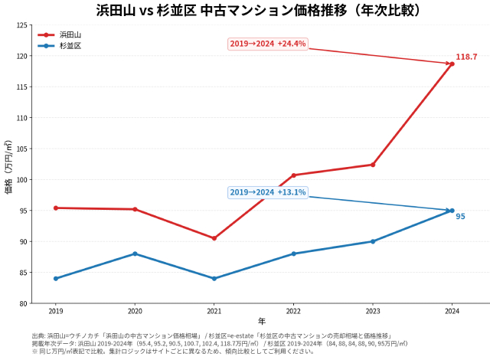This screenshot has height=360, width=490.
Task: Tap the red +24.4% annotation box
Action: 268,44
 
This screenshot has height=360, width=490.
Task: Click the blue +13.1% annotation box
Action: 268,192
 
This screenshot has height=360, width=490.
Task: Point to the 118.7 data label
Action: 466,57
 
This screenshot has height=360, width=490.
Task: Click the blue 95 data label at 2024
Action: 461,217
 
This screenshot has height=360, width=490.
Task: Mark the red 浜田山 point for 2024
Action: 452,64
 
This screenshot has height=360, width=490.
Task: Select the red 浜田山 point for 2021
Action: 214,238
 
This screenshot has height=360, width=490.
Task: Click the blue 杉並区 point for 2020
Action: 135,254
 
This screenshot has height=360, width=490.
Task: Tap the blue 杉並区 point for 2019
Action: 56,279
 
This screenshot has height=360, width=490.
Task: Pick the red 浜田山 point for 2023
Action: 373,165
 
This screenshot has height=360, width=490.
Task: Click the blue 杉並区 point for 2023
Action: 373,241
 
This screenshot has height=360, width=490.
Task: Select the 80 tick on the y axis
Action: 23,303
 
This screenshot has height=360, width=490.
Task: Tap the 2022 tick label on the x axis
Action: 293,311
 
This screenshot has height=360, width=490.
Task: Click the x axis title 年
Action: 261,321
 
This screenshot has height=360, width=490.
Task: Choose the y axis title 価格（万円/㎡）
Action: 8,165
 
